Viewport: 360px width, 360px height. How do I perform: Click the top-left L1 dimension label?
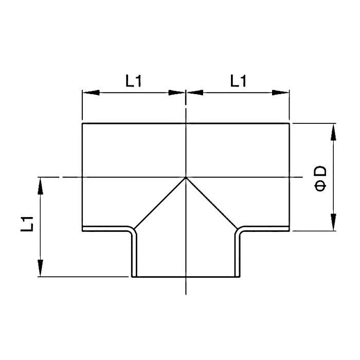pos(134,81)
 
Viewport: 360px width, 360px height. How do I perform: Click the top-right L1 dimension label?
pos(238,81)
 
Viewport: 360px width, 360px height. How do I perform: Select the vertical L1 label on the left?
pos(28,224)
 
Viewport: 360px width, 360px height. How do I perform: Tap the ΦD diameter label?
pos(320,178)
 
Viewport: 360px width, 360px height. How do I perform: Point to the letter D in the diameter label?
pos(320,171)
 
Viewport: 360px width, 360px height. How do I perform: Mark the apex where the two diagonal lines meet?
pos(186,177)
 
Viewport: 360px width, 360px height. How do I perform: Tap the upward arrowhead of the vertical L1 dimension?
pos(40,186)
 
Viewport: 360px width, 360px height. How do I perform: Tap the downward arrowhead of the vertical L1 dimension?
pos(40,268)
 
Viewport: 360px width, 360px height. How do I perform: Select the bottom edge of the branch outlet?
pos(186,277)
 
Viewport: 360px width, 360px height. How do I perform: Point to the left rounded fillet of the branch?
pos(132,229)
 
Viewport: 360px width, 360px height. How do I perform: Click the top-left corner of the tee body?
pos(82,123)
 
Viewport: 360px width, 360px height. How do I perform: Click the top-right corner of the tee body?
pos(289,123)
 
